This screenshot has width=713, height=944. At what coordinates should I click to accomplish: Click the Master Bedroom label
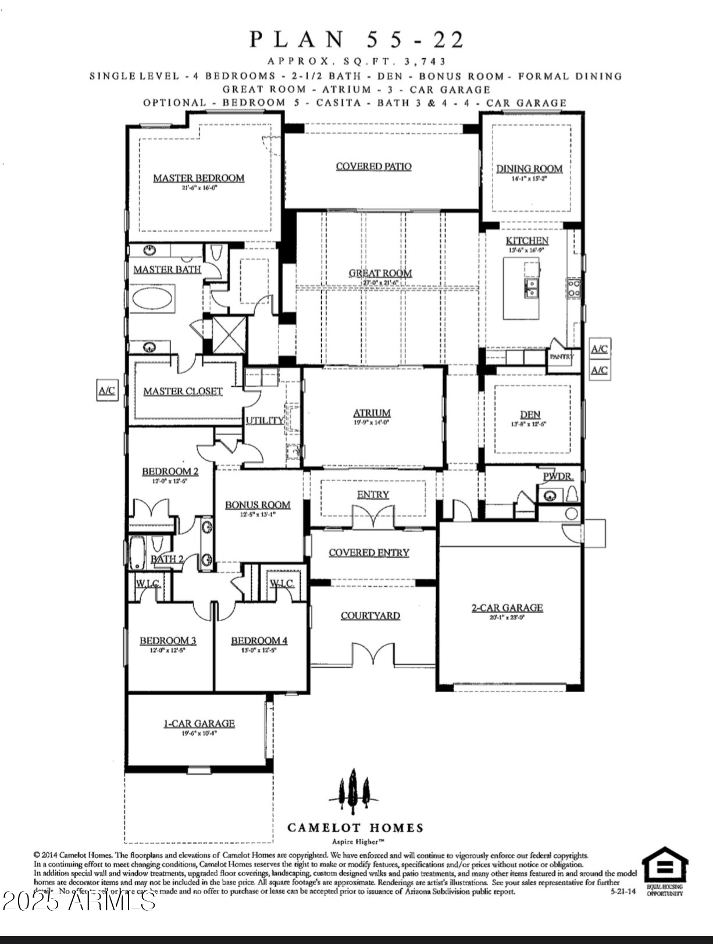198,178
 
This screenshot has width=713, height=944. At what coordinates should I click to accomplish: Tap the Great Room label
380,273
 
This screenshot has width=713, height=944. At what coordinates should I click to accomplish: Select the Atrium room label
372,413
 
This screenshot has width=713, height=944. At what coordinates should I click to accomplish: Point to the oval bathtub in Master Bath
152,299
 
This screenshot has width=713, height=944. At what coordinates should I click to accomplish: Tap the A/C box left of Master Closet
107,390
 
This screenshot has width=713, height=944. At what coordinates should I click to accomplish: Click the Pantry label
561,357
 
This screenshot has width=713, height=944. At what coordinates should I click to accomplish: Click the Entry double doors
374,516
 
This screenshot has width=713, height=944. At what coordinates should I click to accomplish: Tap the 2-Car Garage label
507,607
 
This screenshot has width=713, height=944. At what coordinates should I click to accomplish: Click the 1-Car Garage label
199,723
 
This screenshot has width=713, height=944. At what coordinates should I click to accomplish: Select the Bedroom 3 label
167,640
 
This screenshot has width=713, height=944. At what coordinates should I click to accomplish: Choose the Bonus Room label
258,505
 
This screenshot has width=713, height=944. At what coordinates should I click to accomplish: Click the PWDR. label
558,476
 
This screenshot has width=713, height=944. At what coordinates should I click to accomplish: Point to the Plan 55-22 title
357,40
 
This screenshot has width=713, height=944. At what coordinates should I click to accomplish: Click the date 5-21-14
623,891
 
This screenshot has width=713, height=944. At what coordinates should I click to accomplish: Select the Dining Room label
529,169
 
